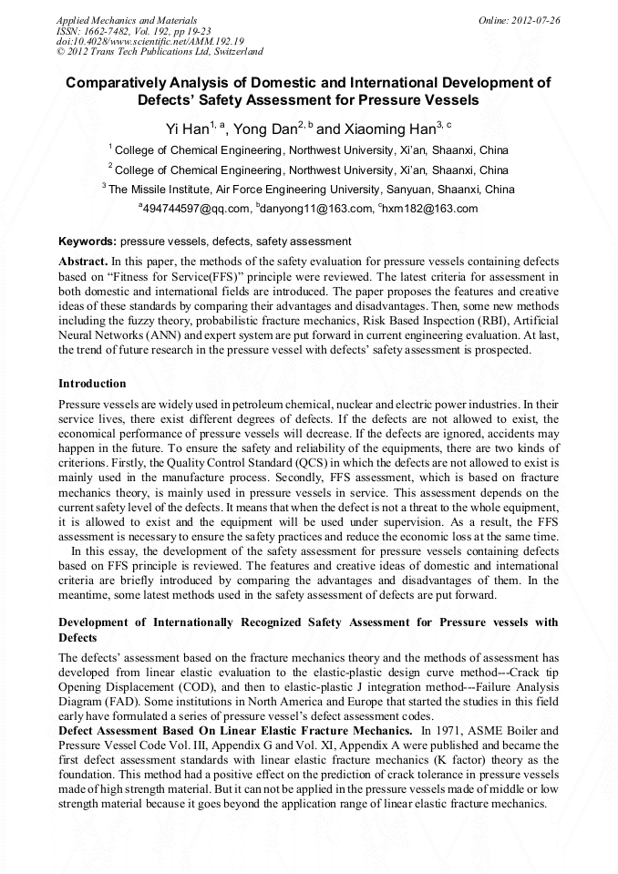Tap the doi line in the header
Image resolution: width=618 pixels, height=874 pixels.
click(x=149, y=41)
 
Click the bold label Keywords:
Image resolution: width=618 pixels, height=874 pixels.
click(x=88, y=242)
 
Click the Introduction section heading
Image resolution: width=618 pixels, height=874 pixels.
click(x=92, y=383)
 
